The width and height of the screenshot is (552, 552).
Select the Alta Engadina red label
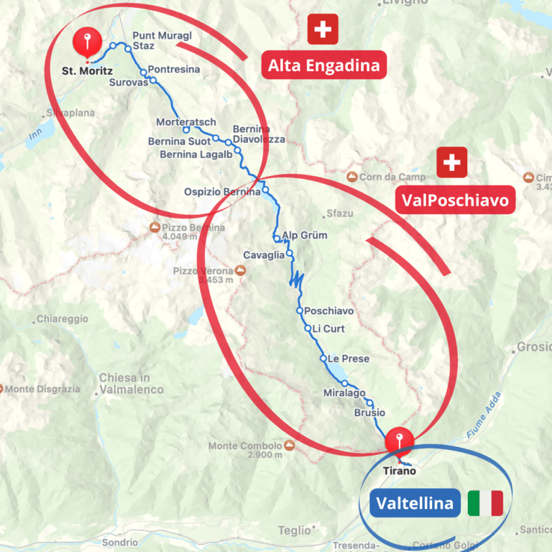(323, 66)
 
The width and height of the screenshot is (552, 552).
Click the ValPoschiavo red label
(455, 200)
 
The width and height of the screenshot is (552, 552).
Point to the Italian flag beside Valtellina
(485, 503)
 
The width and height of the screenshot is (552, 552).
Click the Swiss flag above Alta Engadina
(323, 29)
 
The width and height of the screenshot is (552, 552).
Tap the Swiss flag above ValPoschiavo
(452, 162)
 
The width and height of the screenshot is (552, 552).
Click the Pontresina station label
(174, 70)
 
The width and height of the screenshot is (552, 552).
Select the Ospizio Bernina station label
(221, 192)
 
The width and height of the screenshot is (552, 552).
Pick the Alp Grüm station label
(304, 235)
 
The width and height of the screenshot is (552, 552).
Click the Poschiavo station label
(329, 311)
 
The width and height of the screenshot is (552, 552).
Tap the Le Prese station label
(349, 359)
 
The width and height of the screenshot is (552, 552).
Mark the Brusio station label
(369, 413)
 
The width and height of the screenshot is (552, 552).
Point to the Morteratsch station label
(186, 123)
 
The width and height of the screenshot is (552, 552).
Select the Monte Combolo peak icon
(290, 446)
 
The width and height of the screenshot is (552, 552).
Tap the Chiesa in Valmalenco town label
(132, 384)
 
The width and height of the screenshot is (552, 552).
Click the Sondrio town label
(119, 543)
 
